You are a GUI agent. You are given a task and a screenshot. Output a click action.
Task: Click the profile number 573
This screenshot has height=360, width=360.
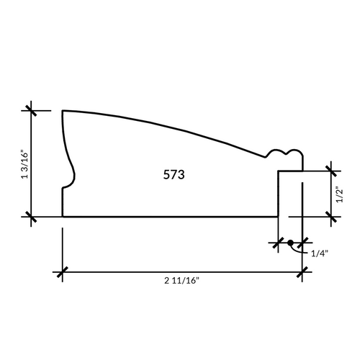tap(174, 174)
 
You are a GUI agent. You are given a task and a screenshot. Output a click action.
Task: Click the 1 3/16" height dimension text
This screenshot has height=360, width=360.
tap(25, 164)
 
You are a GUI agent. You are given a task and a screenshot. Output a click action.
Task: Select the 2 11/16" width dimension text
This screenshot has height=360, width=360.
tap(182, 281)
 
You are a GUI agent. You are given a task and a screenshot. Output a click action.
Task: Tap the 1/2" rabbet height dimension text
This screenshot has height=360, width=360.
tap(340, 194)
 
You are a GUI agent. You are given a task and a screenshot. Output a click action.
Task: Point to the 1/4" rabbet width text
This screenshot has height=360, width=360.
tap(320, 253)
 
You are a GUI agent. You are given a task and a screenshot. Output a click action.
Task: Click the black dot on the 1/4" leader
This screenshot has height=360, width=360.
tap(290, 243)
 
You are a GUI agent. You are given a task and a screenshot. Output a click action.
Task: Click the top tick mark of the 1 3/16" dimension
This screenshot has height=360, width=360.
tap(31, 111)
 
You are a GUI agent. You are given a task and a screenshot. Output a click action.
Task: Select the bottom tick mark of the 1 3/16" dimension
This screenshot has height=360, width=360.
tap(31, 217)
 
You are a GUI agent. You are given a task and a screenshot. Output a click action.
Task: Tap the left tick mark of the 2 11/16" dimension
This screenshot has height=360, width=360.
tap(63, 272)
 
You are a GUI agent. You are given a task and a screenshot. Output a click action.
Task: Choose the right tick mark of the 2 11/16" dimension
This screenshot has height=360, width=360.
tap(302, 272)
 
